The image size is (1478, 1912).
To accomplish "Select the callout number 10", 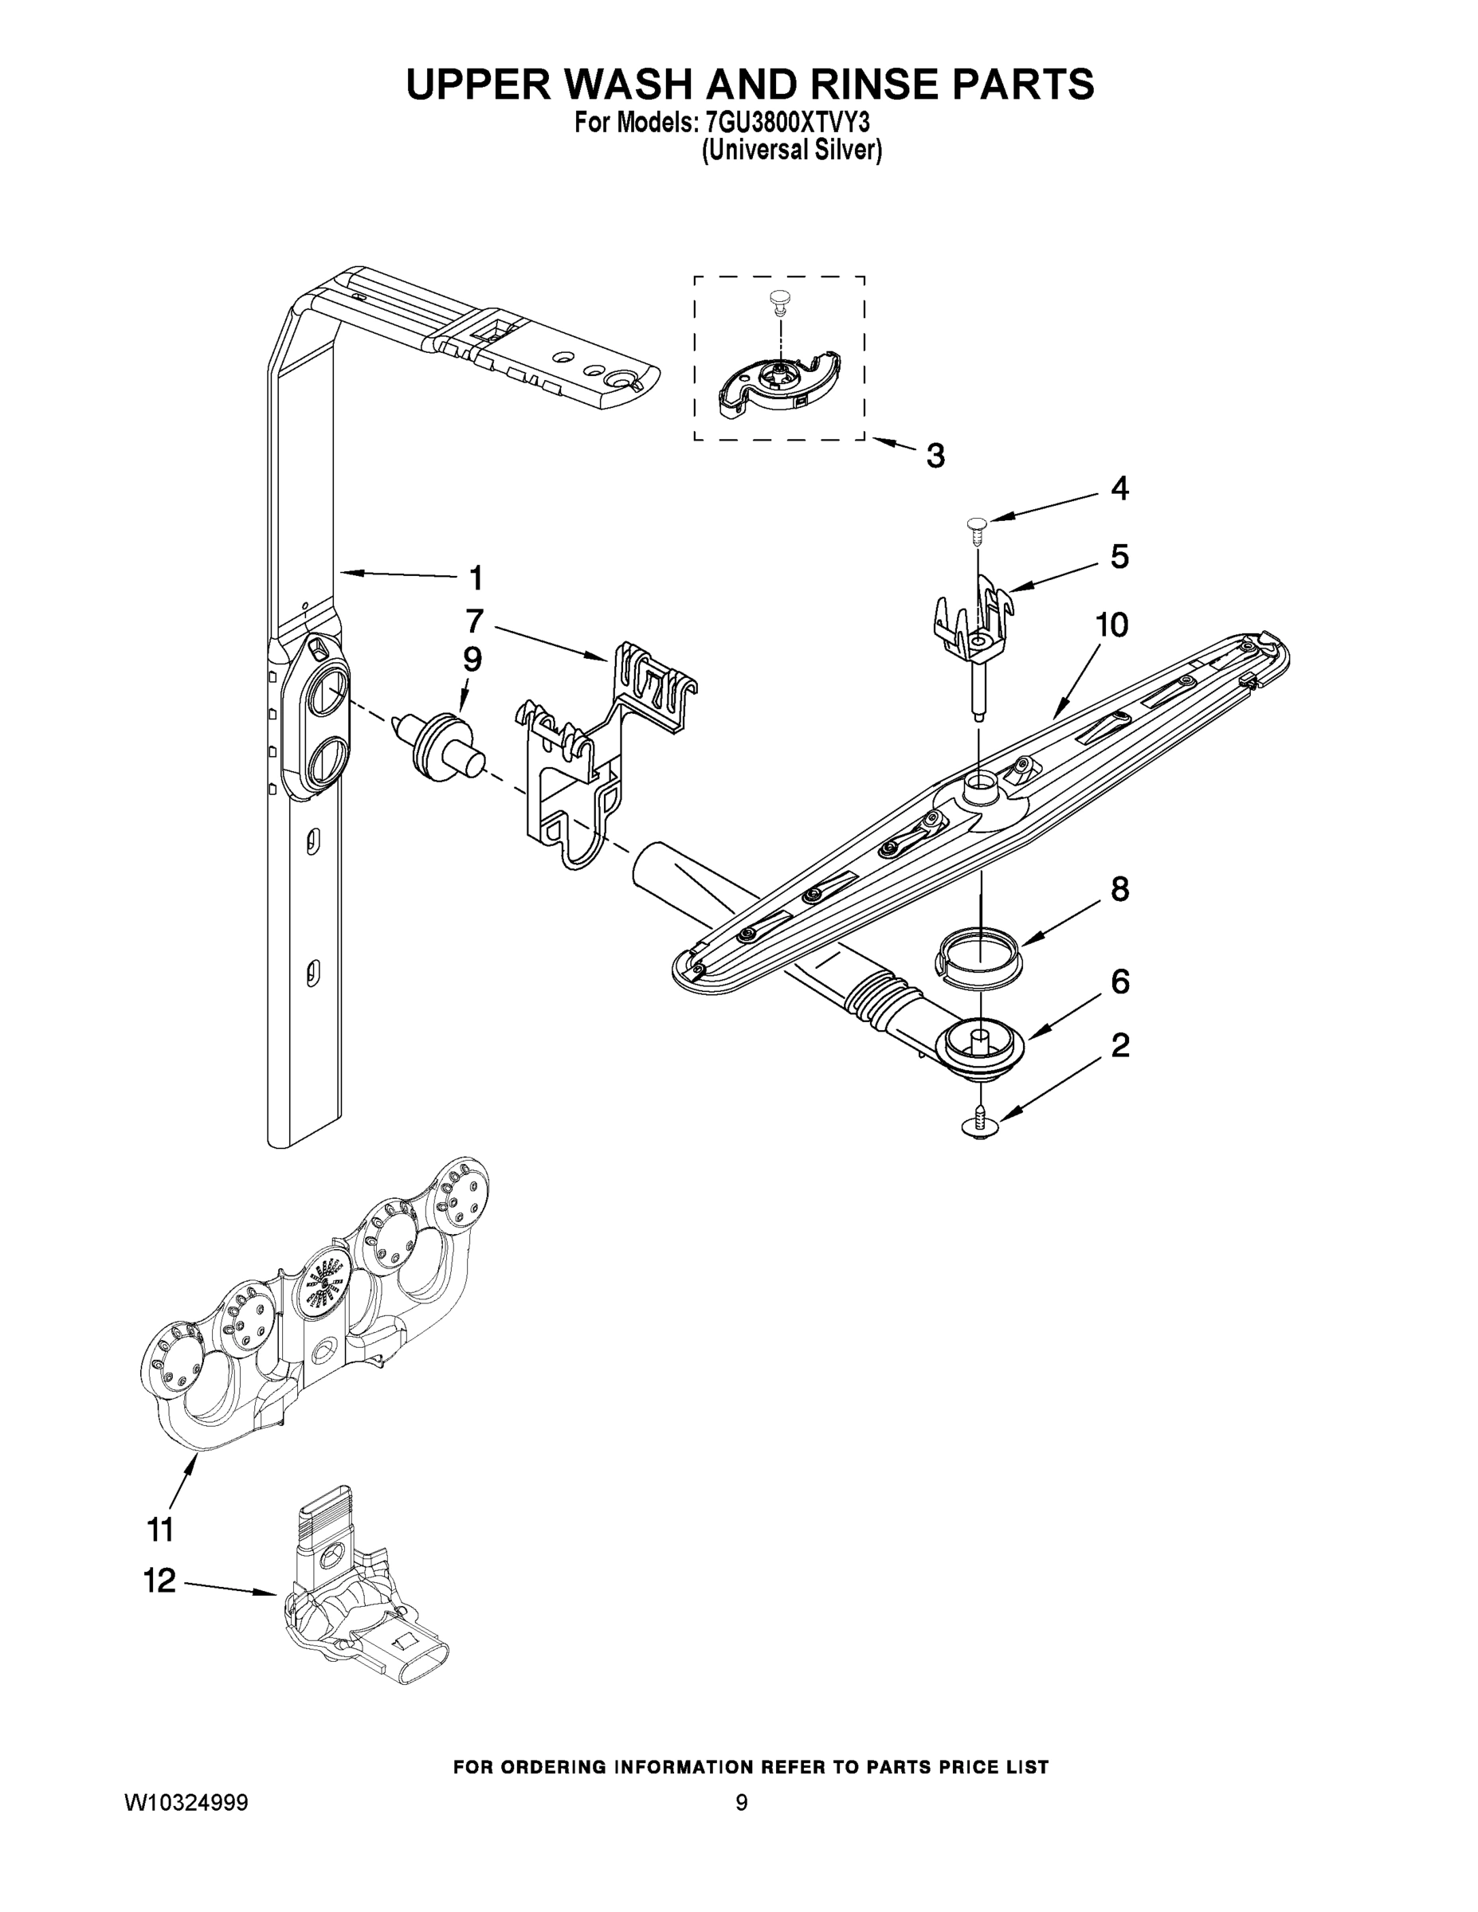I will (x=1111, y=625).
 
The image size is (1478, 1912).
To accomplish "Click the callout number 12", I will (x=159, y=1581).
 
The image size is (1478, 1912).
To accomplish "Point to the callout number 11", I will (x=160, y=1530).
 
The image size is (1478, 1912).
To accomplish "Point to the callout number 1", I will (x=476, y=578).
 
